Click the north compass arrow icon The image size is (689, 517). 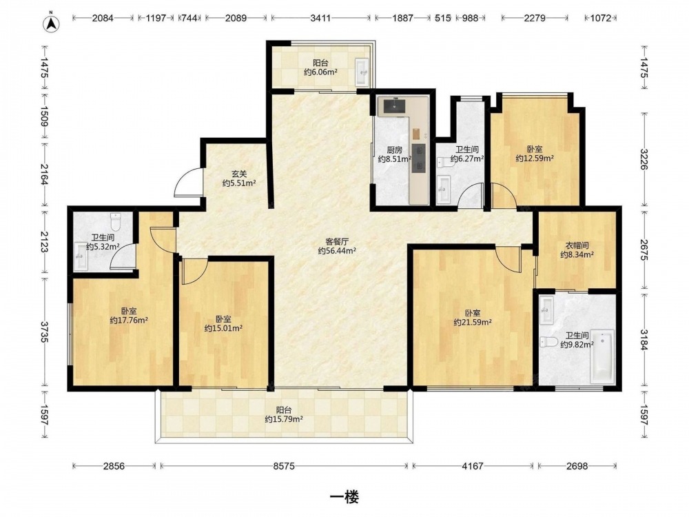[x=52, y=23]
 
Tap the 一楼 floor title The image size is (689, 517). [x=344, y=497]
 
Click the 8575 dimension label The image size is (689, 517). [x=284, y=465]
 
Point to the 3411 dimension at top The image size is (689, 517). [x=321, y=18]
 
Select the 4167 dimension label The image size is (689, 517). [x=473, y=465]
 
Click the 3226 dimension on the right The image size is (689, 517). [x=644, y=159]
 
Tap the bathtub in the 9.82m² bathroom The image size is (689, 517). [x=602, y=357]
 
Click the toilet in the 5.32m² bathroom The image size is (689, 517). [x=115, y=222]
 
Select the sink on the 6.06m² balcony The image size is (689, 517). [x=362, y=72]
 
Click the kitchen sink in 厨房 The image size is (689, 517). [x=394, y=106]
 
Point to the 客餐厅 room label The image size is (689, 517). [x=337, y=241]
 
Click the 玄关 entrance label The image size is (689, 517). [x=240, y=174]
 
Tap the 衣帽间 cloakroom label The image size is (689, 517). [x=577, y=245]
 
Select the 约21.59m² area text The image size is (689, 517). [x=473, y=322]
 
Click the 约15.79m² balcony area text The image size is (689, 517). [x=284, y=419]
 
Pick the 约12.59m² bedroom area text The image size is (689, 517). [x=535, y=159]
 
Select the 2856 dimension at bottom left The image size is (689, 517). [x=114, y=465]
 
